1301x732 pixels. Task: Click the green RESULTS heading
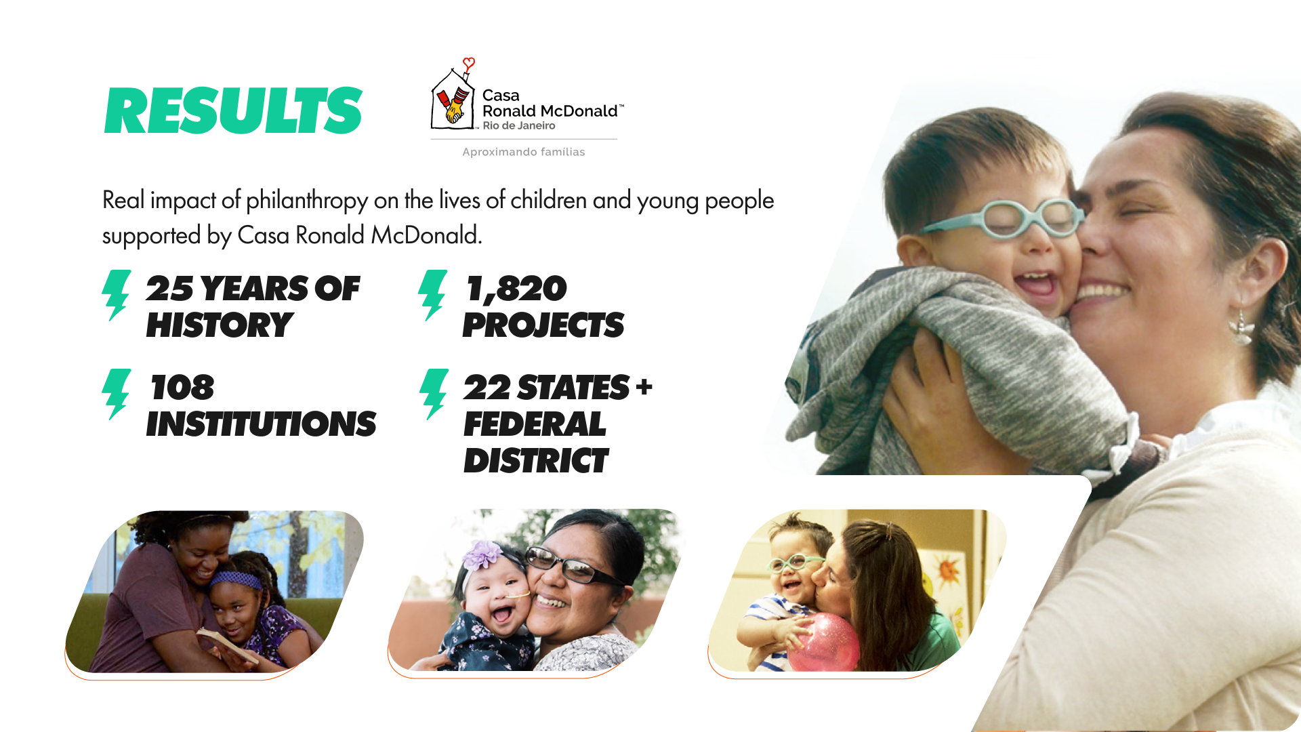pos(234,110)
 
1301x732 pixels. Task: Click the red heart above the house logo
pos(468,64)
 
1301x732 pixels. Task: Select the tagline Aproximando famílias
pos(524,152)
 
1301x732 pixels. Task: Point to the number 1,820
pos(516,289)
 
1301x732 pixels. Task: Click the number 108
pos(182,388)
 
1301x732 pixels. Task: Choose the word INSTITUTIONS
pos(261,424)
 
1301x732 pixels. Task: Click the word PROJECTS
pos(543,325)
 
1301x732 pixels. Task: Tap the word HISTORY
pos(220,325)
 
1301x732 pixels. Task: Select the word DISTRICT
pos(536,462)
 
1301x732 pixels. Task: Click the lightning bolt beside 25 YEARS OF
pos(117,295)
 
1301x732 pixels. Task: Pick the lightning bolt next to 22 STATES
pos(434,394)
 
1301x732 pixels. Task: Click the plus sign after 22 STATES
pos(644,387)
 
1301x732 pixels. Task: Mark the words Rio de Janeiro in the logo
pos(519,126)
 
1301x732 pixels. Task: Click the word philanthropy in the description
pos(308,201)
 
